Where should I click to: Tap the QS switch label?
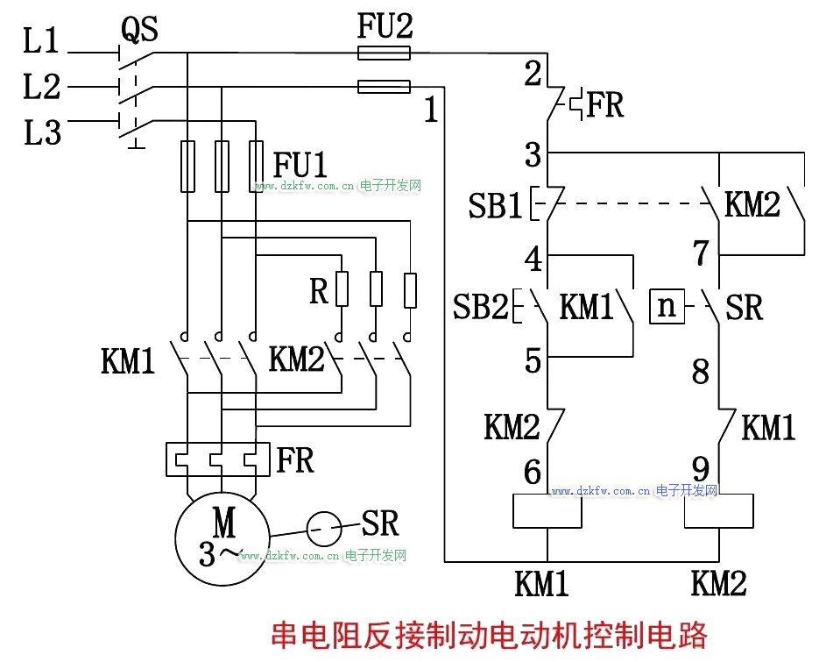click(x=139, y=30)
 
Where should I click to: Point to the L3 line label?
click(x=41, y=133)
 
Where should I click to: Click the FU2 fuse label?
click(x=385, y=26)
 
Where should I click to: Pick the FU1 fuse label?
click(x=300, y=164)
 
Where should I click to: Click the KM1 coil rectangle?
click(x=547, y=511)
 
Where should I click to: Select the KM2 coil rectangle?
click(x=718, y=511)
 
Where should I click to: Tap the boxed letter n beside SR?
click(x=667, y=307)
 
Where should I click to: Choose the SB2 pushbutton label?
click(x=480, y=307)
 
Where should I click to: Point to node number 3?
click(x=533, y=156)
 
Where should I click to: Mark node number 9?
click(x=701, y=465)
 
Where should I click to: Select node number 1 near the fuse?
click(x=430, y=110)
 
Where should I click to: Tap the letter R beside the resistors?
click(x=319, y=291)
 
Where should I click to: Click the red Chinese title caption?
click(x=489, y=634)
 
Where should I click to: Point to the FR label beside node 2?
click(x=604, y=105)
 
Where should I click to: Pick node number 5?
click(x=533, y=361)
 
